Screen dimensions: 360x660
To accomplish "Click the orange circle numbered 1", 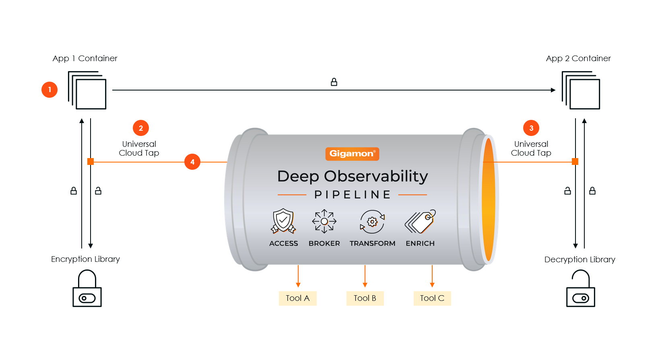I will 49,90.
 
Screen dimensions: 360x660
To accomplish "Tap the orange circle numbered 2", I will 141,128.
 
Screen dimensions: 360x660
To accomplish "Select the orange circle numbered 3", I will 531,128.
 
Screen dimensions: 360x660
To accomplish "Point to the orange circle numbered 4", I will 192,162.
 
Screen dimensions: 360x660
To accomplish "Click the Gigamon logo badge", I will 352,154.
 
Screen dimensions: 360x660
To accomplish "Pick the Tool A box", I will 298,298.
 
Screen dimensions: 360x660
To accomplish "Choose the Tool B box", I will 365,298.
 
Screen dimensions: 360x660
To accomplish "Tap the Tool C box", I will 432,298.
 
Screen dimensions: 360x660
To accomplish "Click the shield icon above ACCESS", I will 283,221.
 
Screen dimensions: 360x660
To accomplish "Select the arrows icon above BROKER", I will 324,221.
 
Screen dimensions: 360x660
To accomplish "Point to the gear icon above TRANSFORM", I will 372,222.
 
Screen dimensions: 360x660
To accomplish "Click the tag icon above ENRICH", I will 421,221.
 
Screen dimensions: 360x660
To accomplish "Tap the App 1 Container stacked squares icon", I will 87,90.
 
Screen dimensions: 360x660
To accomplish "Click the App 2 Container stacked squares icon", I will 581,90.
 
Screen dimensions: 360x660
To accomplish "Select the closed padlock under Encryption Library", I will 87,288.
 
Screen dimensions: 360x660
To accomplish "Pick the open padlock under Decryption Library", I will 581,288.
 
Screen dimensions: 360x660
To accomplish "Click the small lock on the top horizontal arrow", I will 334,82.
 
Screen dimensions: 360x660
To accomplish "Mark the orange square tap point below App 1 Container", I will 91,162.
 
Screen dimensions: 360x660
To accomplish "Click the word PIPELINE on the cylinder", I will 353,195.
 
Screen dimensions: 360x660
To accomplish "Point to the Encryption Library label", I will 85,259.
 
